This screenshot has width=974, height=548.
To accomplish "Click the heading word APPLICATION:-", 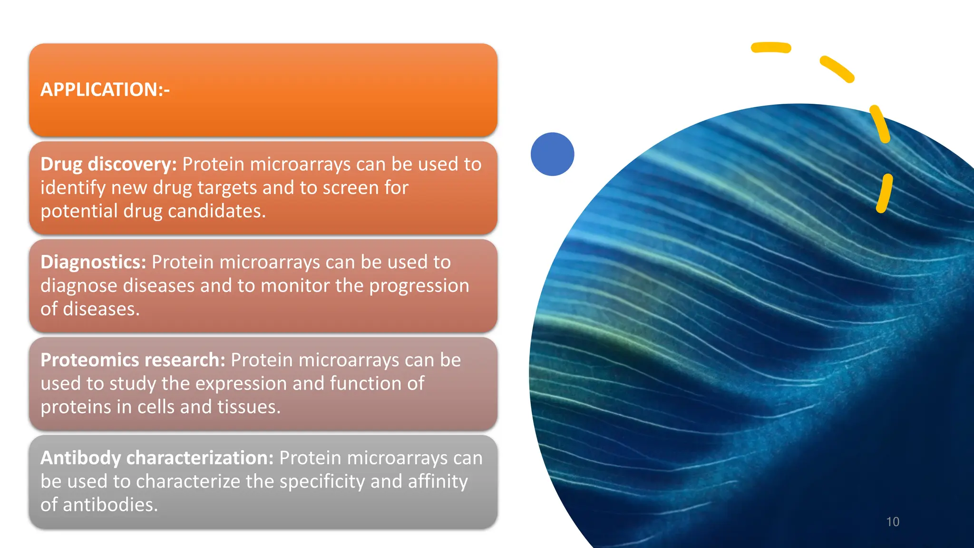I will click(x=105, y=89).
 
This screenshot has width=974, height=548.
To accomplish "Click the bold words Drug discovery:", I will click(x=108, y=164).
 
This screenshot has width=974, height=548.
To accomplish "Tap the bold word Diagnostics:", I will click(x=93, y=262).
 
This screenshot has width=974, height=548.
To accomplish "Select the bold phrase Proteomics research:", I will click(x=133, y=360).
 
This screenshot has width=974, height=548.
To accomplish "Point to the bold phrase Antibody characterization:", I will click(x=157, y=458).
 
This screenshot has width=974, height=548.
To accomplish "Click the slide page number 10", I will click(x=893, y=522).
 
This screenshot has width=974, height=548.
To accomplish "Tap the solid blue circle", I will click(x=552, y=154).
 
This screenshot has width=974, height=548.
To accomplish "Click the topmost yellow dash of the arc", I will click(x=770, y=48).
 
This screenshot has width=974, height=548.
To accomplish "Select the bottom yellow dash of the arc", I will click(x=885, y=193).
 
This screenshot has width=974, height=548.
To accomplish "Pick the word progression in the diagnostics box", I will click(x=419, y=286).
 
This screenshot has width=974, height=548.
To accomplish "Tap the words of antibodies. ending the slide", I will click(x=99, y=505).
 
